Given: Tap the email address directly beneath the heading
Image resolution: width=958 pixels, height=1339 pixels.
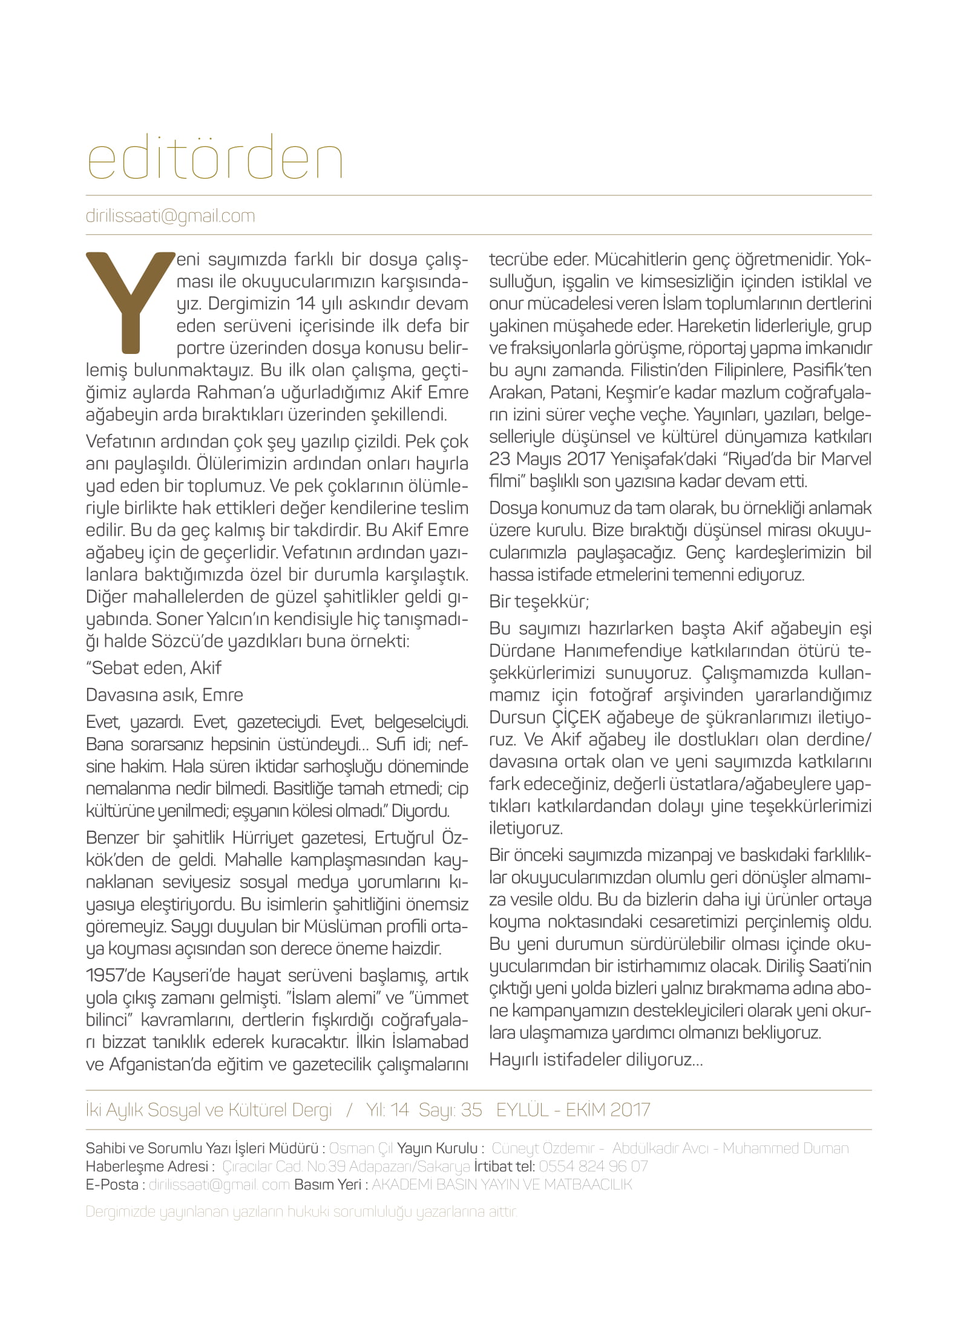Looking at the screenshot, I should coord(170,216).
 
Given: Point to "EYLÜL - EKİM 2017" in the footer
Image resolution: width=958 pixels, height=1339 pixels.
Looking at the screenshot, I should coord(573,1110).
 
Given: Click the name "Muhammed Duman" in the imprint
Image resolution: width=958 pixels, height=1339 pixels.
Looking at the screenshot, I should coord(785,1148).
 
